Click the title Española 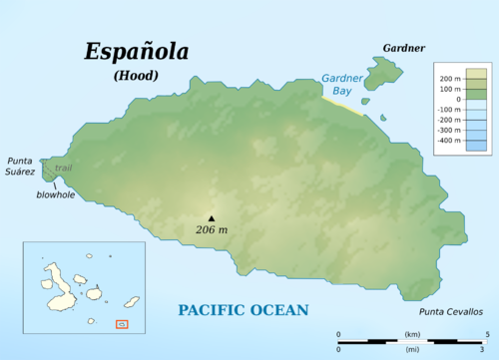coord(137,51)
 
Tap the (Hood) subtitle coord(137,75)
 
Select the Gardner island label coord(403,48)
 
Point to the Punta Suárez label coord(21,166)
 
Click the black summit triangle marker coord(211,217)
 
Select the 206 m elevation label coord(211,230)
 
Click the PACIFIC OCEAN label coord(244,310)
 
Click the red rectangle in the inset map coord(122,323)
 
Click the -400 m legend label coord(450,141)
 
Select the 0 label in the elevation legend coord(457,99)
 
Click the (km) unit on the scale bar coord(411,333)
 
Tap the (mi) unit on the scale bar coord(411,348)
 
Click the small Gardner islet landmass coord(383,73)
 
